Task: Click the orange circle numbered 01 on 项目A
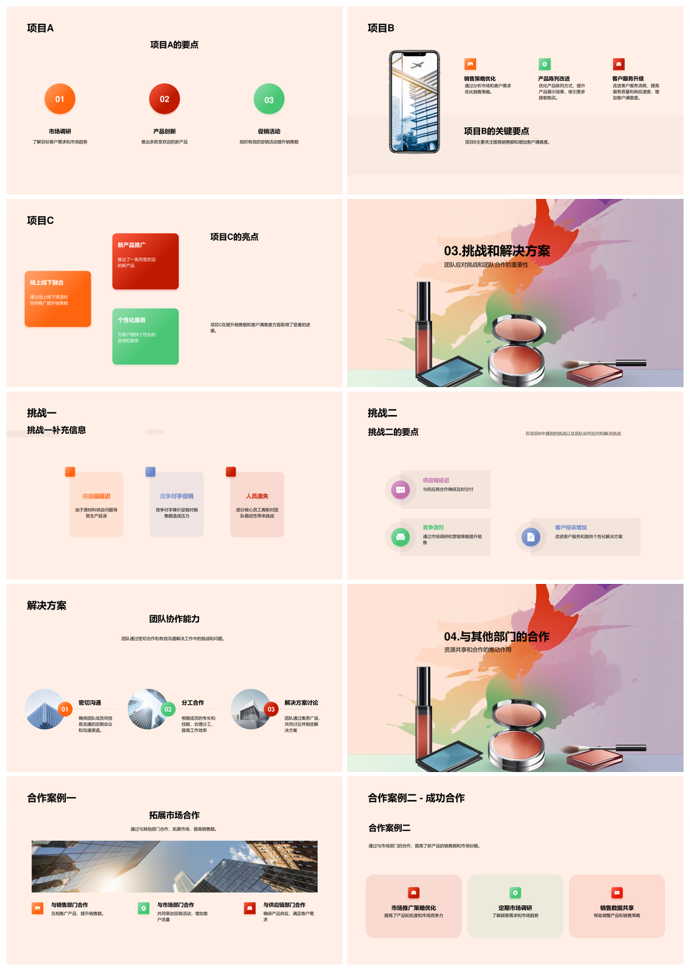pyautogui.click(x=60, y=99)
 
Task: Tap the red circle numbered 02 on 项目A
pyautogui.click(x=165, y=99)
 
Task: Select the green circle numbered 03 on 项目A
pyautogui.click(x=269, y=100)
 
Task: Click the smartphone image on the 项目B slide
pyautogui.click(x=415, y=102)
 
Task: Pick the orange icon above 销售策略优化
pyautogui.click(x=470, y=64)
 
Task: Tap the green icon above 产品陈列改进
pyautogui.click(x=545, y=64)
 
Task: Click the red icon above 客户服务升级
pyautogui.click(x=619, y=64)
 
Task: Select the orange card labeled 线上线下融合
pyautogui.click(x=57, y=299)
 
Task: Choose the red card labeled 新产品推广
pyautogui.click(x=145, y=261)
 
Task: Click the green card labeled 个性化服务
pyautogui.click(x=145, y=336)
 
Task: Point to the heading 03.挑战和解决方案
pyautogui.click(x=497, y=251)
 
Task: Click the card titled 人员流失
pyautogui.click(x=257, y=504)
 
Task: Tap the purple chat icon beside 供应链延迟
pyautogui.click(x=400, y=490)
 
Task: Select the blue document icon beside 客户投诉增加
pyautogui.click(x=530, y=536)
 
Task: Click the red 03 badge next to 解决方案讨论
pyautogui.click(x=271, y=709)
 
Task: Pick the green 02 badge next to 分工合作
pyautogui.click(x=168, y=709)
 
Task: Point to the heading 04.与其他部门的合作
pyautogui.click(x=497, y=636)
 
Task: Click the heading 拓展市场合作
pyautogui.click(x=174, y=815)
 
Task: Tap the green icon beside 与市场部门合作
pyautogui.click(x=144, y=909)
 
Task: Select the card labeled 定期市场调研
pyautogui.click(x=515, y=906)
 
